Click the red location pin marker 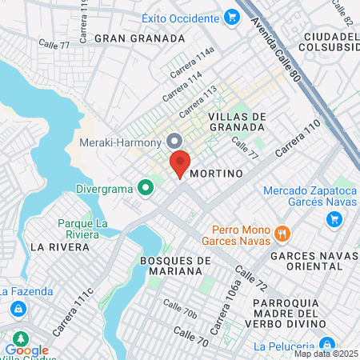180,163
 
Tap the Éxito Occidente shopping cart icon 231,17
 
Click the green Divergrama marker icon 145,190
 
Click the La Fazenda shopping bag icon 17,308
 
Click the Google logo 26,350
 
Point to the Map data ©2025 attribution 326,354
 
